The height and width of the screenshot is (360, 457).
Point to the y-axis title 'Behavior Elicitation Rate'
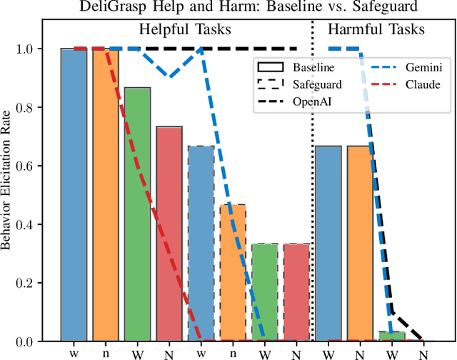click(9, 194)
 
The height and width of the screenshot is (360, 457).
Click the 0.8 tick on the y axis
click(35, 108)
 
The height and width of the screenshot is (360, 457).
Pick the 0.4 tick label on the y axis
click(35, 224)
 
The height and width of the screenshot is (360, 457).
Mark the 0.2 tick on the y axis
click(35, 283)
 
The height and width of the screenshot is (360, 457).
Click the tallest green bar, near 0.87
click(138, 214)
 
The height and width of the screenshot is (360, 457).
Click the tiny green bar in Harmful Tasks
click(391, 336)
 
